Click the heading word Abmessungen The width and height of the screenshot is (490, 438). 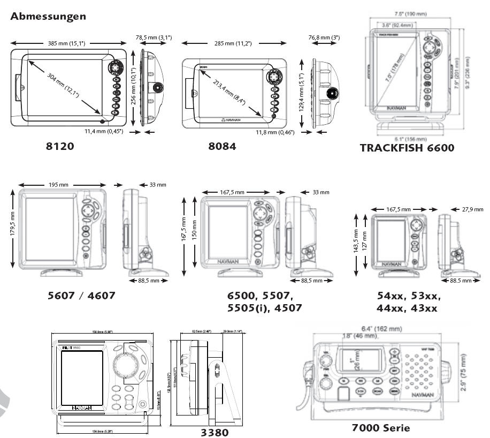pos(48,17)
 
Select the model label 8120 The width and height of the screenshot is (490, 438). pos(59,146)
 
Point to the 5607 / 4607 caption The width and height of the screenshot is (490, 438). pos(81,295)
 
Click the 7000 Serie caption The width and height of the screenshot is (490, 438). pos(381,427)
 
